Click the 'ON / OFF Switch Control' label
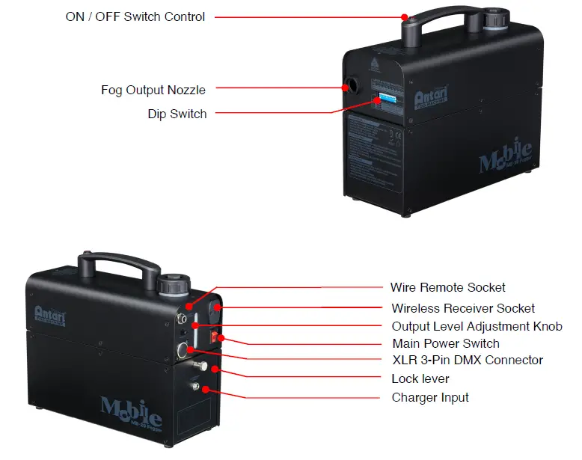pyautogui.click(x=135, y=16)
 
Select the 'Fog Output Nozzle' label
pyautogui.click(x=153, y=90)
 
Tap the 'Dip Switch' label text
pyautogui.click(x=177, y=114)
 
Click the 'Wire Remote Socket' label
pyautogui.click(x=447, y=287)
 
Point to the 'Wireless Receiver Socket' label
pyautogui.click(x=463, y=308)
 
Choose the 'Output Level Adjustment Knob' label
pyautogui.click(x=477, y=326)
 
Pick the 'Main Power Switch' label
pyautogui.click(x=445, y=344)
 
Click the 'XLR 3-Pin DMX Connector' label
pyautogui.click(x=467, y=361)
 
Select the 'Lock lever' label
pyautogui.click(x=420, y=379)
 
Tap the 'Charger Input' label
pyautogui.click(x=430, y=397)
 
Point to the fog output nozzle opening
pyautogui.click(x=349, y=84)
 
